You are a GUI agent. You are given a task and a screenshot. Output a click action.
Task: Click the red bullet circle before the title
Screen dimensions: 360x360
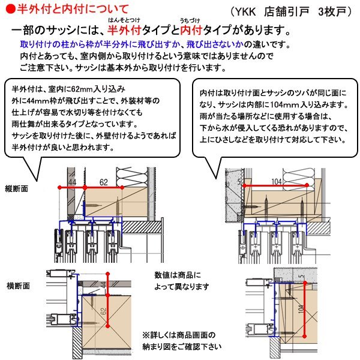(x=7, y=9)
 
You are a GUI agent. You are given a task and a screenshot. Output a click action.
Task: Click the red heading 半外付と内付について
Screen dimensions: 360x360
(x=72, y=9)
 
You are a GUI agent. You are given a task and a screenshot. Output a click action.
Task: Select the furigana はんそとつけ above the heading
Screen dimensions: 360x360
(x=124, y=21)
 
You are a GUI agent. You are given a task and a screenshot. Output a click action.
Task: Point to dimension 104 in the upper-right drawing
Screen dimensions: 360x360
(x=277, y=180)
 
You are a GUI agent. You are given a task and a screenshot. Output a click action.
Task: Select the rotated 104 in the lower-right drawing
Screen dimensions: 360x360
(x=300, y=312)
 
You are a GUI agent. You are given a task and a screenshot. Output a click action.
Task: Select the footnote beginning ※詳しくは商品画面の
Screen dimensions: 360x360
(x=181, y=340)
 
